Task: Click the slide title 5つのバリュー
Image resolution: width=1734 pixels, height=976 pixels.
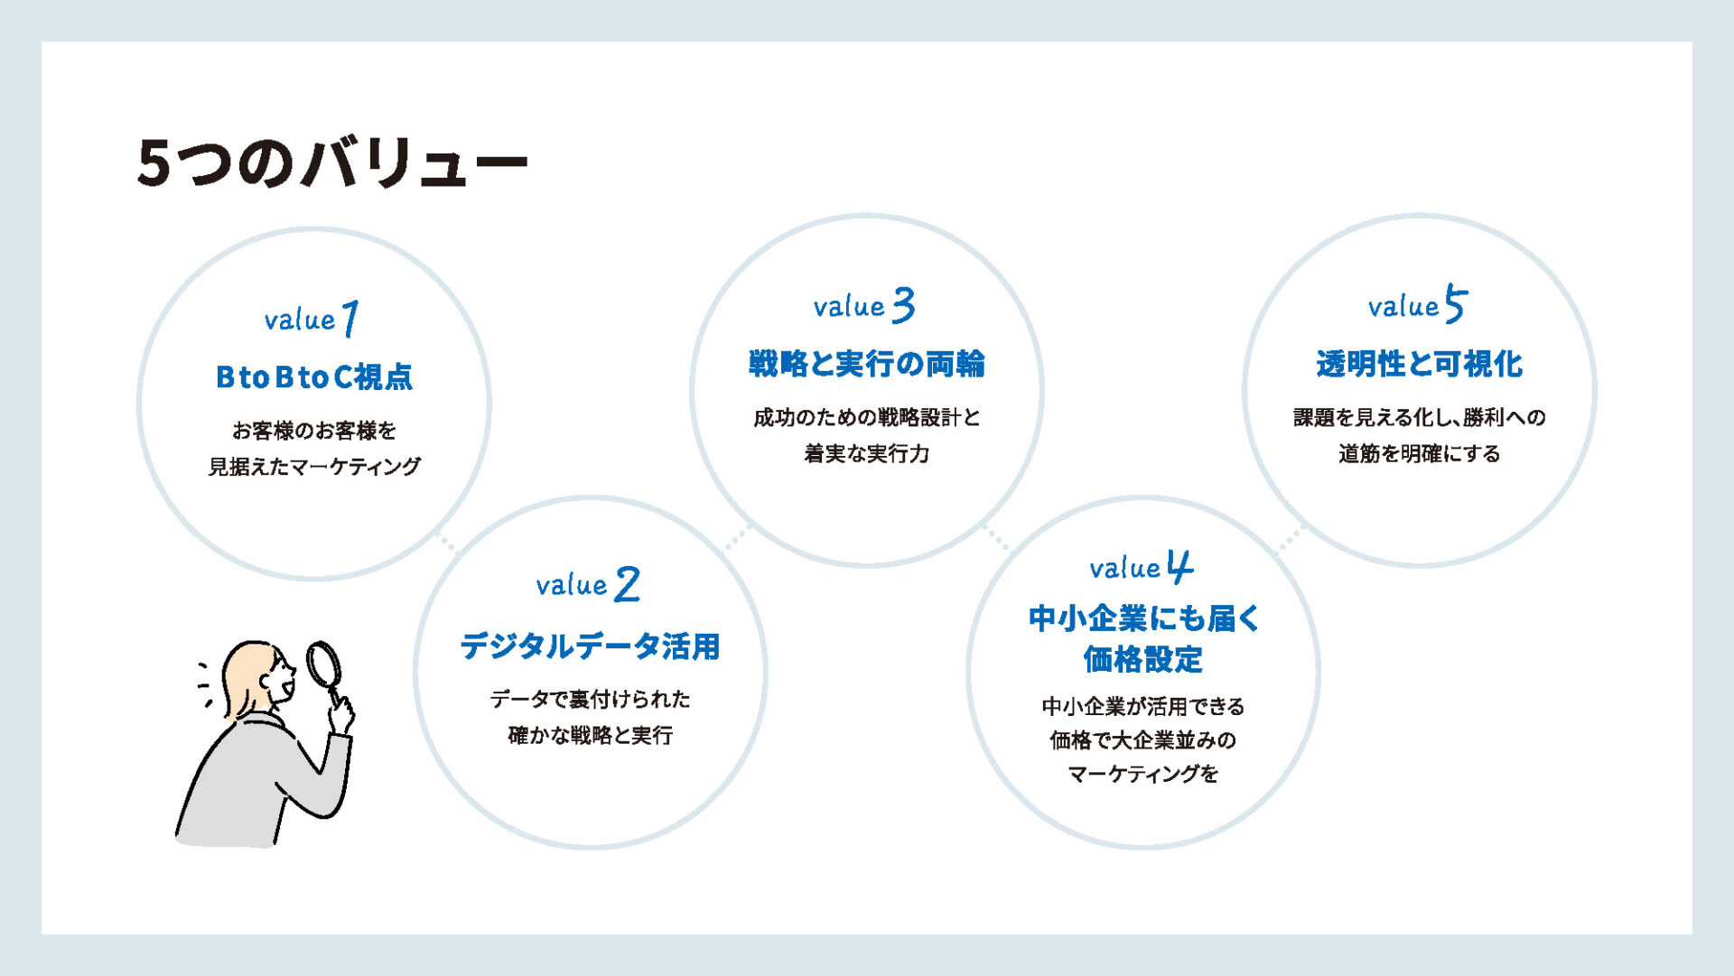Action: pos(331,163)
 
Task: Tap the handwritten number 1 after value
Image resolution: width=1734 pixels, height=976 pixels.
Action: pos(350,318)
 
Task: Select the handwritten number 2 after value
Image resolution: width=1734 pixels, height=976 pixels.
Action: pos(627,584)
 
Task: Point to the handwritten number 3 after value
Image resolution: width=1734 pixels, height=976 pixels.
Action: pos(903,305)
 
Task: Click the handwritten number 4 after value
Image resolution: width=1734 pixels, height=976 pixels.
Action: pos(1179,567)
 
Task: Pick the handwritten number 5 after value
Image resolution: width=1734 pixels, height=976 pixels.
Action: pos(1456,303)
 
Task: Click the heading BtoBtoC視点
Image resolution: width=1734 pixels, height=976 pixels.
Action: pos(313,376)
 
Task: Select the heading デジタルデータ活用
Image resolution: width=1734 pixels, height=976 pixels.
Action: pos(590,646)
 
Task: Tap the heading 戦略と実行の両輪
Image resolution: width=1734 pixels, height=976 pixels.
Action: pos(866,364)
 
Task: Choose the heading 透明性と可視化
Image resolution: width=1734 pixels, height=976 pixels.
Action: pos(1419,364)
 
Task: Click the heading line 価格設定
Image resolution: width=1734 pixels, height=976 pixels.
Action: pos(1142,659)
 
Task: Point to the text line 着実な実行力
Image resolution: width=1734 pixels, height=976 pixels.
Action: pos(866,453)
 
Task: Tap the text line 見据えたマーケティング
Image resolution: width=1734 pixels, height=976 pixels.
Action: pos(313,467)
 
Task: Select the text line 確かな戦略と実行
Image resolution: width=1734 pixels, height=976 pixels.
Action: pos(590,735)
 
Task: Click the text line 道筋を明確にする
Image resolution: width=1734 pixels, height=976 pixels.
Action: pos(1419,453)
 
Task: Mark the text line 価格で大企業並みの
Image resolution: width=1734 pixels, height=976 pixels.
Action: pos(1142,740)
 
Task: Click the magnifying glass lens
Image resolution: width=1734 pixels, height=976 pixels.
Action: pos(322,664)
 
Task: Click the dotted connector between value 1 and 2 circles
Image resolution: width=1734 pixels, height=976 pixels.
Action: pos(447,542)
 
